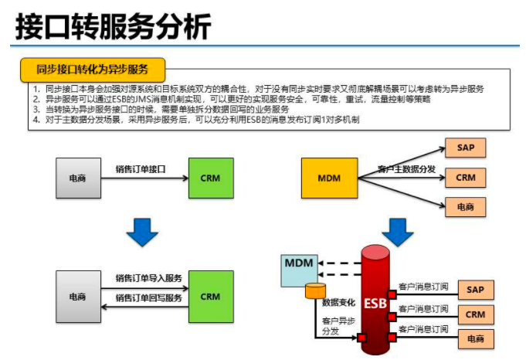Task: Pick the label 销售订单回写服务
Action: [149, 297]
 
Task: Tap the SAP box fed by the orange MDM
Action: [466, 148]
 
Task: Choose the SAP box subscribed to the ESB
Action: [475, 290]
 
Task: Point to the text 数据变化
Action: [339, 304]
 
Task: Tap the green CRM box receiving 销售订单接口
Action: [210, 178]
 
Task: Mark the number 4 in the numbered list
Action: [36, 121]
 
